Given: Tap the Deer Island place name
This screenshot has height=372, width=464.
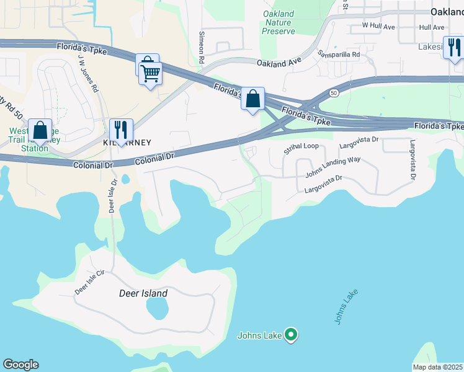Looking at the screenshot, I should [143, 293].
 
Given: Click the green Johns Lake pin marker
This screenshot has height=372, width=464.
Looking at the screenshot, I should [290, 335].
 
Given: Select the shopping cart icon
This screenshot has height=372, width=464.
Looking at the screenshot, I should [150, 74].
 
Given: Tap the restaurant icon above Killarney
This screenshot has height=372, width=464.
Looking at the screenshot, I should [121, 130].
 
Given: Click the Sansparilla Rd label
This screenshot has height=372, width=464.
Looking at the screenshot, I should [339, 54].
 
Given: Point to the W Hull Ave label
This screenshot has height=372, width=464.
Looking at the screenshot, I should [378, 27].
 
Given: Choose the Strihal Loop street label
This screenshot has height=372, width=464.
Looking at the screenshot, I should [300, 148].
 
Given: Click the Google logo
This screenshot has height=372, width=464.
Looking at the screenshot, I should [20, 365].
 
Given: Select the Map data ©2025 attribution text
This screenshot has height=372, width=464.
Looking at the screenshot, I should [438, 367].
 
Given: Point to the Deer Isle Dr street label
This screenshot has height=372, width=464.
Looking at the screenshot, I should [113, 197].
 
